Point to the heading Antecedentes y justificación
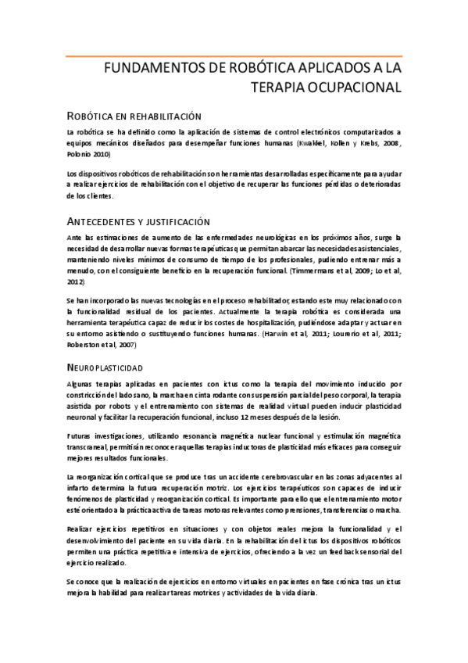point(138,221)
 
